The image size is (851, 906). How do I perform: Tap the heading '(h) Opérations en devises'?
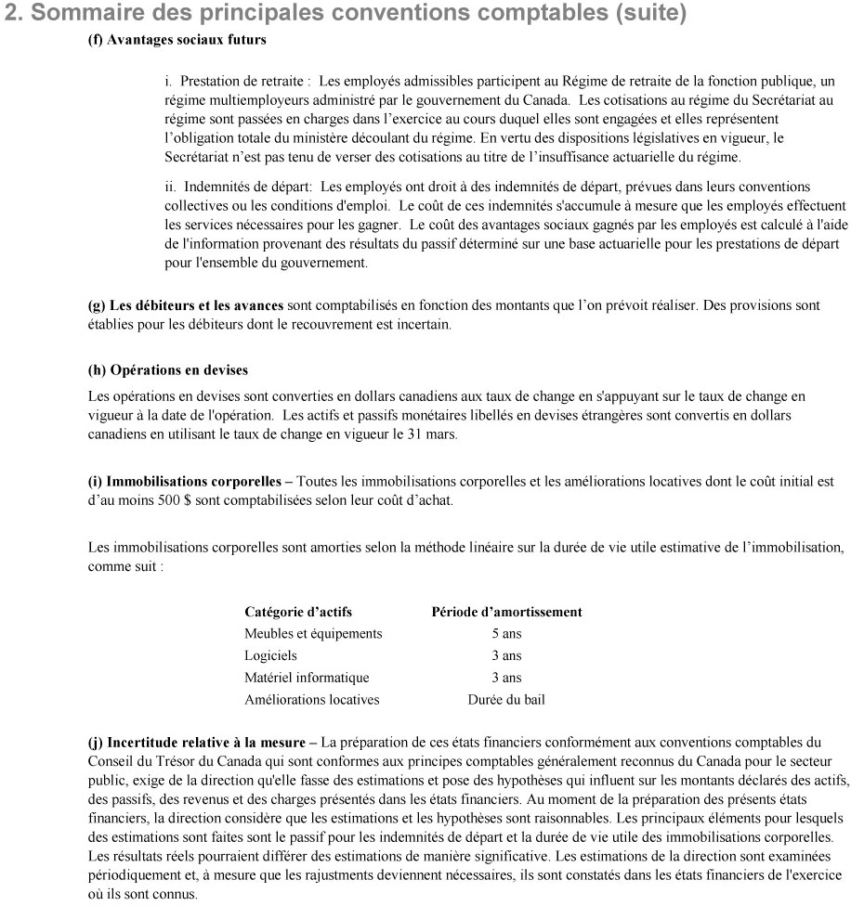[167, 369]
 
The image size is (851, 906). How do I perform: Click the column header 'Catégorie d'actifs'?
[298, 612]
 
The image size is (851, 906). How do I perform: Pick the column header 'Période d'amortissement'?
[507, 612]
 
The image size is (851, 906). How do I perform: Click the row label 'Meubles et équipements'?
[313, 633]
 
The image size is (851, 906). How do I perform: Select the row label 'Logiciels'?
[270, 655]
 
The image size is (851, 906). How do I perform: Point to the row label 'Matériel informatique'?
[307, 678]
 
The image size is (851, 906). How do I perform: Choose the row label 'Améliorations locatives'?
[311, 700]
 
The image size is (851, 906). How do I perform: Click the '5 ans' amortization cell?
[506, 633]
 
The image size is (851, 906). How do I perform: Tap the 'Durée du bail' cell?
[506, 700]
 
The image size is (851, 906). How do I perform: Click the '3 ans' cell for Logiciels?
[506, 655]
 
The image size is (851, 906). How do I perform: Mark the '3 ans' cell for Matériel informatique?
[506, 678]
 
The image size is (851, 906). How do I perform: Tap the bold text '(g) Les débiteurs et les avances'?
[186, 304]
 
